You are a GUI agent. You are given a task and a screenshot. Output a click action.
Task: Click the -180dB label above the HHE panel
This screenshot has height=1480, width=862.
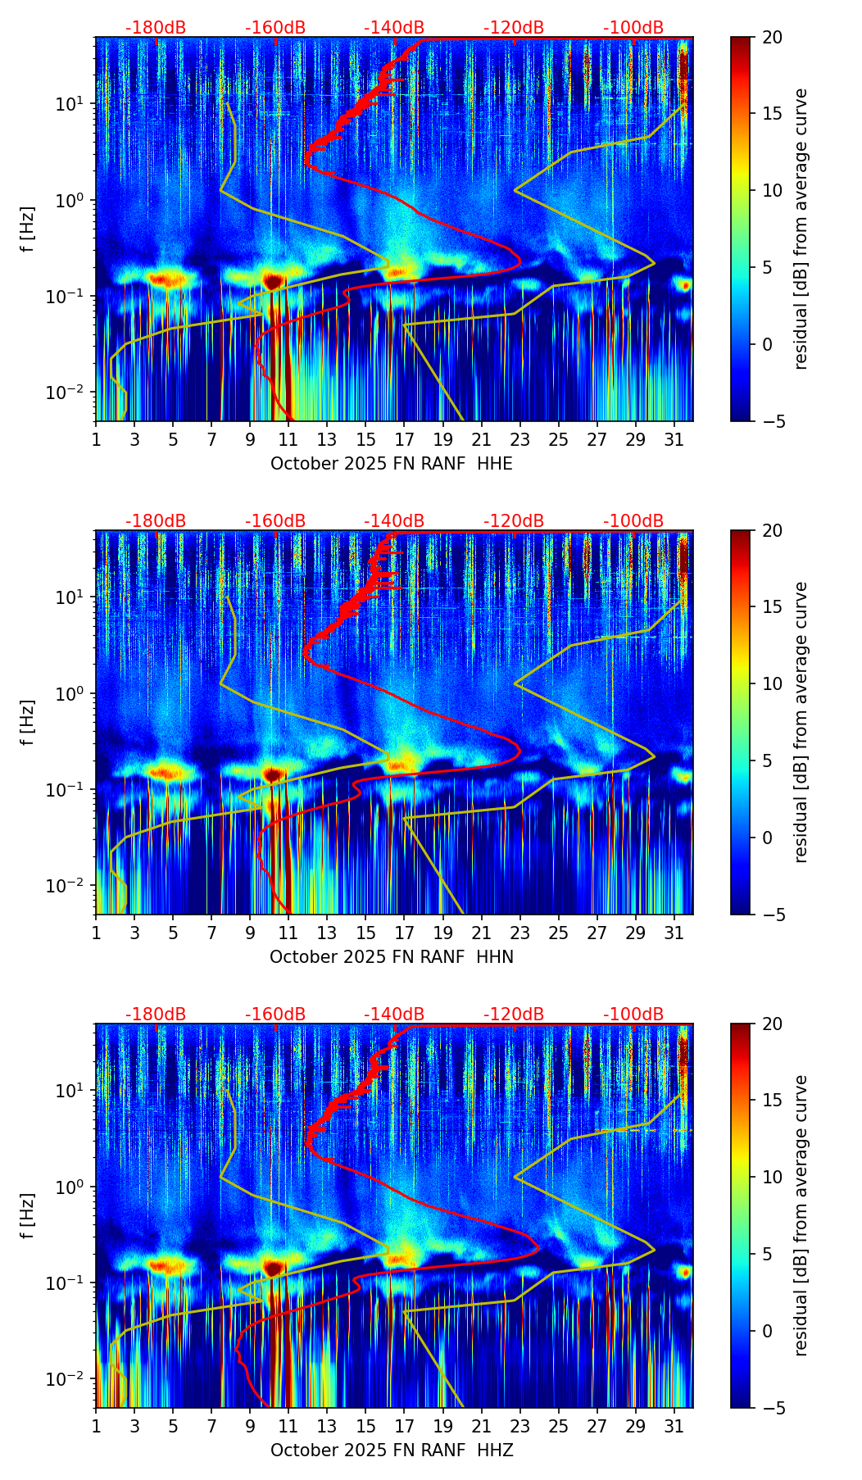point(156,28)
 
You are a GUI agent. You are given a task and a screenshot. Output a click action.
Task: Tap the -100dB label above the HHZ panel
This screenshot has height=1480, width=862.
point(633,1015)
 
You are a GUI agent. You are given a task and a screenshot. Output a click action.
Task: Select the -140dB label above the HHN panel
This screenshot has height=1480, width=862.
point(394,521)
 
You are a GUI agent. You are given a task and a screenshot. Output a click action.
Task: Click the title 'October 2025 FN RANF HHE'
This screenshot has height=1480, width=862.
point(391,464)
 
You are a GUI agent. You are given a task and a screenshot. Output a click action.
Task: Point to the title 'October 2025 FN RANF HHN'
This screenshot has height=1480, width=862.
point(391,957)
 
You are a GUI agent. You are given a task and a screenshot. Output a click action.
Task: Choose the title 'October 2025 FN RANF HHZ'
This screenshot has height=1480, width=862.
point(391,1450)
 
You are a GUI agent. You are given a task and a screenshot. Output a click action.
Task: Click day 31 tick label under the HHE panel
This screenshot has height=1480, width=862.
point(674,439)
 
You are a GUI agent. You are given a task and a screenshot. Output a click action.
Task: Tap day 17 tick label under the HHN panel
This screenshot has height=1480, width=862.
point(404,933)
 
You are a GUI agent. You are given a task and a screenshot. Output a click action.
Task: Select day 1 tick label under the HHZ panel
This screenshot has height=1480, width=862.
point(96,1426)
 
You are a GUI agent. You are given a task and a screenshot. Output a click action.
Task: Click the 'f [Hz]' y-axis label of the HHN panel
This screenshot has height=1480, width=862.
point(28,722)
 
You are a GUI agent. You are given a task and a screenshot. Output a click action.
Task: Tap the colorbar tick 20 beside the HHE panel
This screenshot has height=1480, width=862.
point(772,38)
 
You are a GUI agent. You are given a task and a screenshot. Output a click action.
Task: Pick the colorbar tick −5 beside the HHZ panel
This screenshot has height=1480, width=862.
point(772,1408)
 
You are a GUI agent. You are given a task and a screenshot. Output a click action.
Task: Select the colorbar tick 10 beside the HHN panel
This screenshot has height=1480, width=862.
point(772,683)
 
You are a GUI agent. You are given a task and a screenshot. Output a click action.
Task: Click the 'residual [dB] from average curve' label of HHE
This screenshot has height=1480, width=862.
point(801,229)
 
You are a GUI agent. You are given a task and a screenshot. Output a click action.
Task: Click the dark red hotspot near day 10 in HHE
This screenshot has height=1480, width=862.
point(273,281)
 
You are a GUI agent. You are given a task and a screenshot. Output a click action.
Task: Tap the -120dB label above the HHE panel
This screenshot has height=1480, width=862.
point(514,28)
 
